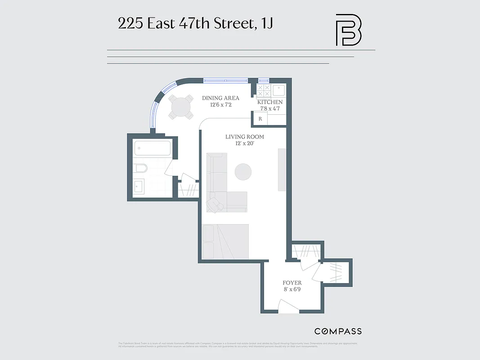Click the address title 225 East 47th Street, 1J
pos(195,24)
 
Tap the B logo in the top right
pos(349,30)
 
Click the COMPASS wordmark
pos(338,331)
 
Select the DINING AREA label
pos(220,98)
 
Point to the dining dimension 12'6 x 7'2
pos(220,105)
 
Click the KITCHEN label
pos(270,103)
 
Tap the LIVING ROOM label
pos(244,137)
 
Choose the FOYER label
pos(292,283)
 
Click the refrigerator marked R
pos(260,119)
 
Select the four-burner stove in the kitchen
pos(264,91)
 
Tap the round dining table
pos(181,108)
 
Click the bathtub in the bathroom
pos(153,148)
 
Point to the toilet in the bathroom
pos(140,169)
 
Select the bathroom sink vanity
pos(139,185)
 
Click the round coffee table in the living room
pos(243,171)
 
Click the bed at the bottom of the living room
pos(225,241)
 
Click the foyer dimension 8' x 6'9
pos(292,290)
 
